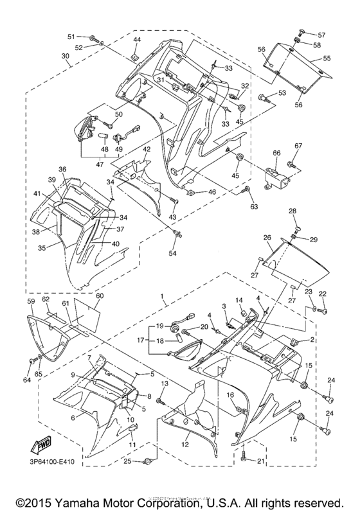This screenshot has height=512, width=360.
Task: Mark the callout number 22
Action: pos(323,294)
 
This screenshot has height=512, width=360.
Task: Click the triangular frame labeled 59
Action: pos(46,333)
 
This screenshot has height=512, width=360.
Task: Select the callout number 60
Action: pos(99,296)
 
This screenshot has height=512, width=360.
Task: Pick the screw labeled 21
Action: pos(244,457)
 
